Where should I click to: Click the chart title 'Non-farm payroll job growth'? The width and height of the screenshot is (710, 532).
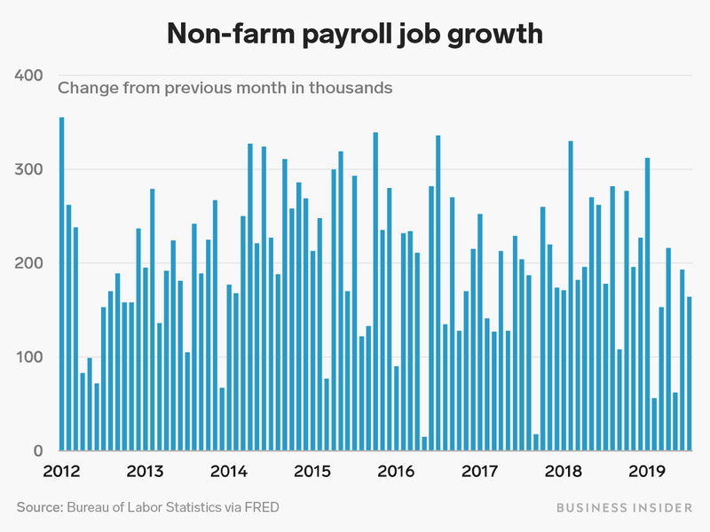click(355, 35)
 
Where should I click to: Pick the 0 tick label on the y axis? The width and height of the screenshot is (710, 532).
click(38, 451)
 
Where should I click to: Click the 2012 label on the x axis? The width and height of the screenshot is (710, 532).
click(61, 470)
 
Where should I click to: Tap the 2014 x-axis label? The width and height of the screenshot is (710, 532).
click(228, 470)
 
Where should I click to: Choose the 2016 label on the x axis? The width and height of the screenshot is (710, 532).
click(395, 470)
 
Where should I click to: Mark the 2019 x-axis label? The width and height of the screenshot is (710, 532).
click(645, 470)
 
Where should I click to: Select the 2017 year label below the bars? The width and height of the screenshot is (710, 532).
click(478, 470)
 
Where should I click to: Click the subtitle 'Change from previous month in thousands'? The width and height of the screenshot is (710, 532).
click(225, 88)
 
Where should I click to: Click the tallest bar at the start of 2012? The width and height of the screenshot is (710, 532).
click(61, 284)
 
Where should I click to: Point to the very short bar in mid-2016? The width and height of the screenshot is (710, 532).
click(424, 444)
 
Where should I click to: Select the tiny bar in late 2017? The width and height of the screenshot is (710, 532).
click(536, 442)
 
